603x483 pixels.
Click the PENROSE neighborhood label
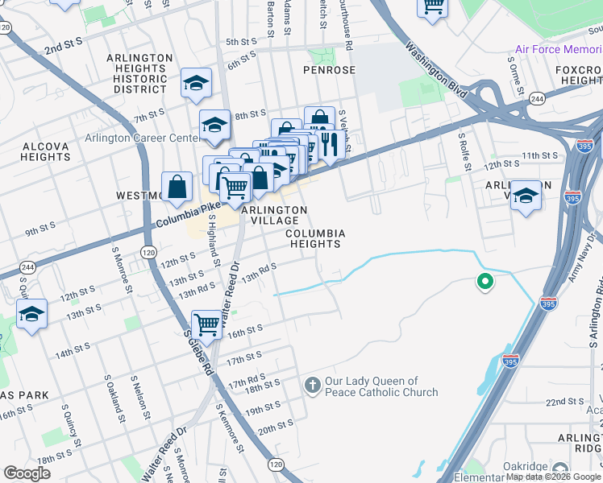click(329, 70)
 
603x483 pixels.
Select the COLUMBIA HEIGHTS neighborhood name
click(317, 238)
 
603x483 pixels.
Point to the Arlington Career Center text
click(142, 138)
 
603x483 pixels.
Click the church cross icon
click(313, 386)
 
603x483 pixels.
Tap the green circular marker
click(484, 282)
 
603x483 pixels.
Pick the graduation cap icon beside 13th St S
click(31, 313)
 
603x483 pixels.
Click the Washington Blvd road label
click(436, 70)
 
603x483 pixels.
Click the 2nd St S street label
click(64, 49)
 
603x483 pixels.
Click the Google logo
click(27, 473)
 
